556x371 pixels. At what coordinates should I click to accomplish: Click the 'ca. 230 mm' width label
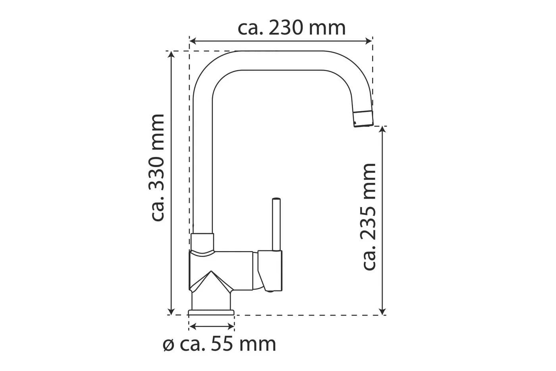tap(292, 28)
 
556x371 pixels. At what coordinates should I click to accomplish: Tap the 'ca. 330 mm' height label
tap(157, 167)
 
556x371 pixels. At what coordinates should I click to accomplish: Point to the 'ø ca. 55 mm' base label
tap(219, 344)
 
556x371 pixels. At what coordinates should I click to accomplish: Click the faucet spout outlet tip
tap(363, 119)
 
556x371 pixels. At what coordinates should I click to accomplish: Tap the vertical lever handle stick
tap(276, 224)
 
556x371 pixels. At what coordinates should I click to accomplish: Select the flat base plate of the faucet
tap(211, 312)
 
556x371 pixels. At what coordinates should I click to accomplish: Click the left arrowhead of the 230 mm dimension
tap(193, 41)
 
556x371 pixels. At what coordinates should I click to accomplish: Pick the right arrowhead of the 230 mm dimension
tap(369, 41)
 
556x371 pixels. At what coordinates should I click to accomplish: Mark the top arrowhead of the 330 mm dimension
tap(171, 54)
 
